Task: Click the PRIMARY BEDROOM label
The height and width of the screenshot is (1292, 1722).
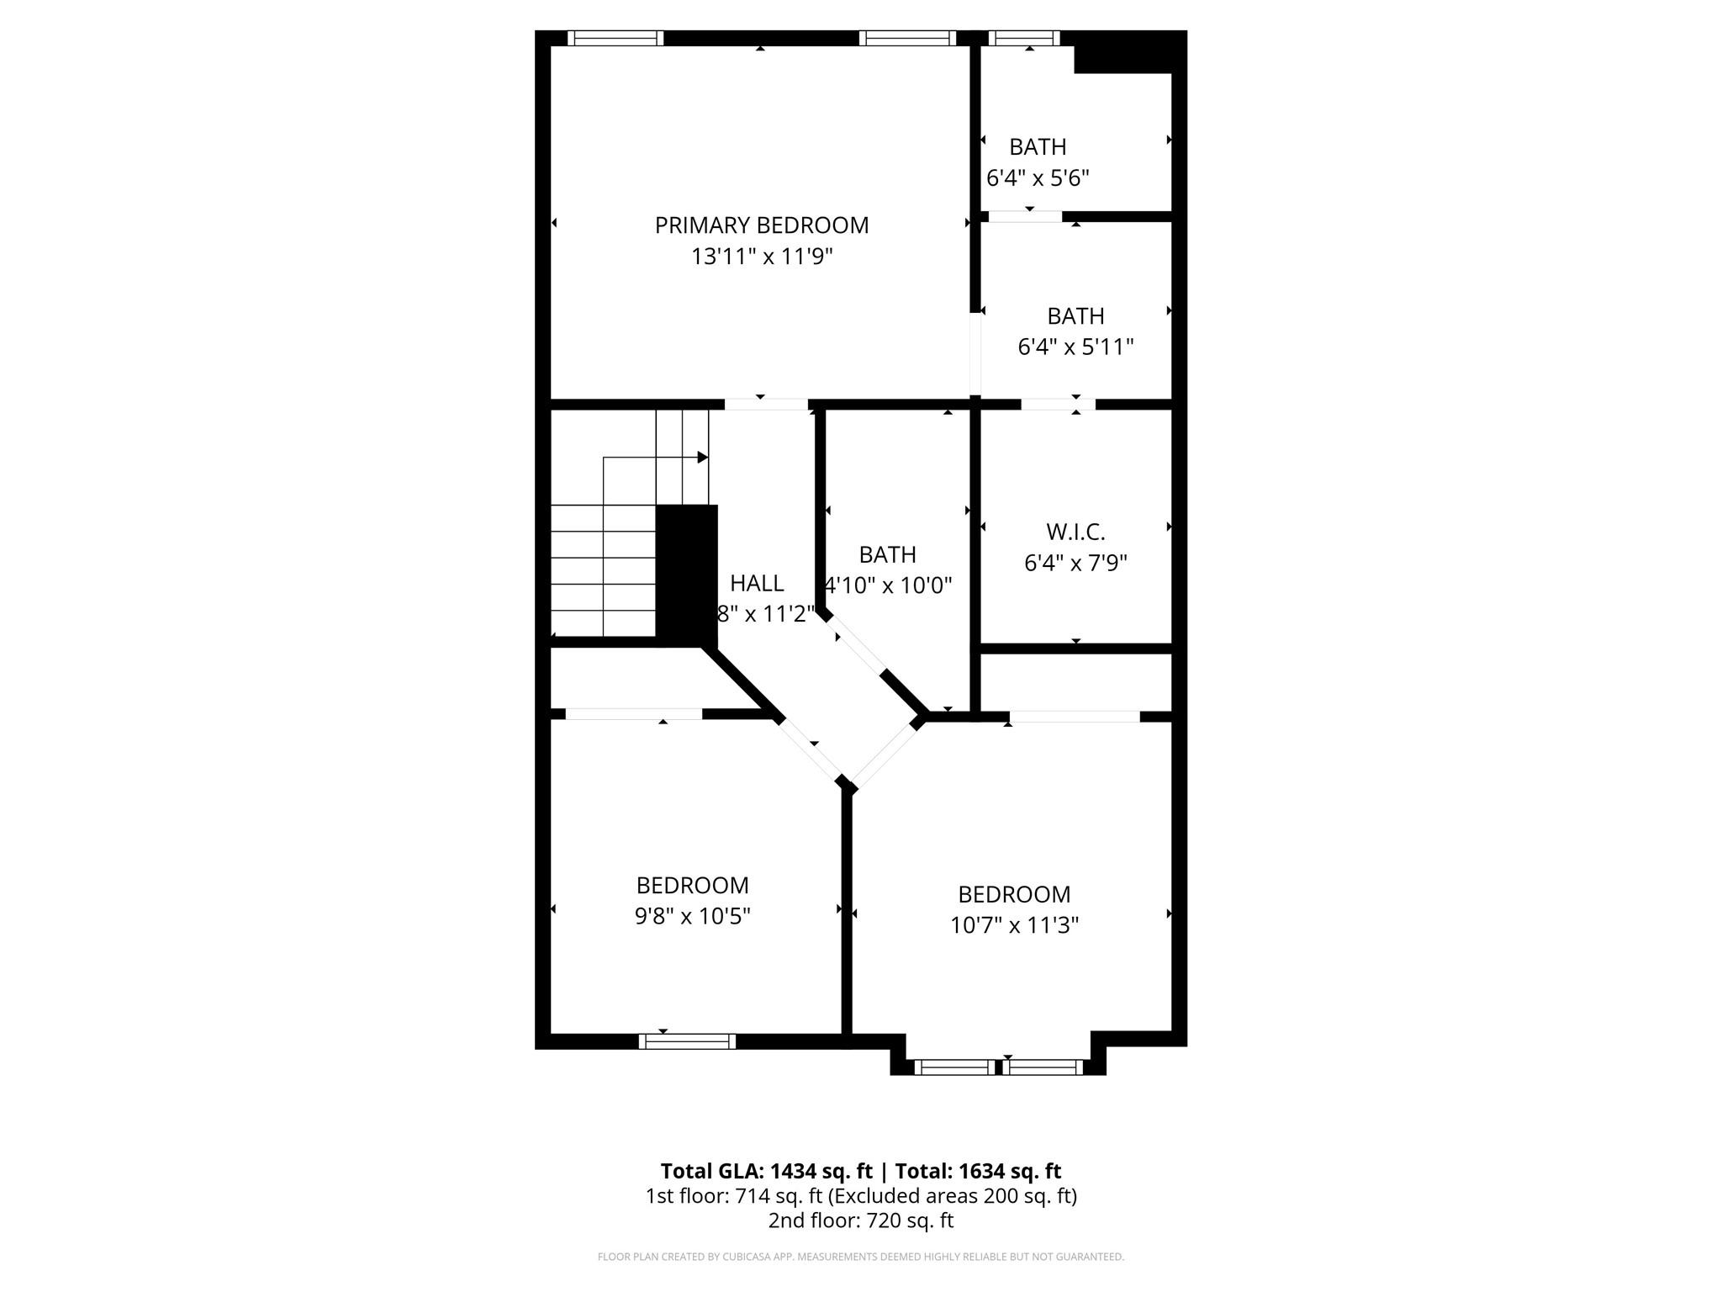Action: coord(761,225)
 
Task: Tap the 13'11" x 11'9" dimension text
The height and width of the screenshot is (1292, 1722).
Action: coord(761,257)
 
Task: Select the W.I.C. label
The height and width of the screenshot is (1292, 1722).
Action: coord(1075,532)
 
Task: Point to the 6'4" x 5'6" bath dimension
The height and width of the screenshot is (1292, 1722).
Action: coord(1038,178)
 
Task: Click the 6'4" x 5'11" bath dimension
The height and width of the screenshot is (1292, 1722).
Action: coord(1075,347)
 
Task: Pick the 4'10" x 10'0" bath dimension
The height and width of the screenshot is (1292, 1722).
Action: coord(888,585)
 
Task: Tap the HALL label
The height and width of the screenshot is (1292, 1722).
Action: coord(757,583)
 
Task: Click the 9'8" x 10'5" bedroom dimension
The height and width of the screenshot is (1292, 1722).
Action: coord(692,916)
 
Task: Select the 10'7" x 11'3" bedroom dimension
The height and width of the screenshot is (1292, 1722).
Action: coord(1014,925)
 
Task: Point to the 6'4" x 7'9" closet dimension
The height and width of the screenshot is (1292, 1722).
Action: coord(1075,563)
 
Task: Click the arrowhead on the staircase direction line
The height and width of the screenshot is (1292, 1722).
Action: coord(702,458)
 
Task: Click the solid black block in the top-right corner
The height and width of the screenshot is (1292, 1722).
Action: coord(1123,53)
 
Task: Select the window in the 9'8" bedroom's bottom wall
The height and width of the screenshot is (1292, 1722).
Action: coord(687,1041)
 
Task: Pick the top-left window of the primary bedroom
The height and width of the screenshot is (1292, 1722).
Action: coord(615,38)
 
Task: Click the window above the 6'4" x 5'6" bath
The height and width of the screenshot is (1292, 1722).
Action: coord(1023,38)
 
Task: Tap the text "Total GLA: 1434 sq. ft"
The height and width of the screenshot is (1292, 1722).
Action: coord(766,1171)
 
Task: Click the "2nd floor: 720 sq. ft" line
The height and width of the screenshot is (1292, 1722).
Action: coord(860,1221)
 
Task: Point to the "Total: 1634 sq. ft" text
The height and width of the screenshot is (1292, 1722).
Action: coord(978,1171)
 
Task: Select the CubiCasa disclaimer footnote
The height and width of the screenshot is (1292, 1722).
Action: coord(860,1257)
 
